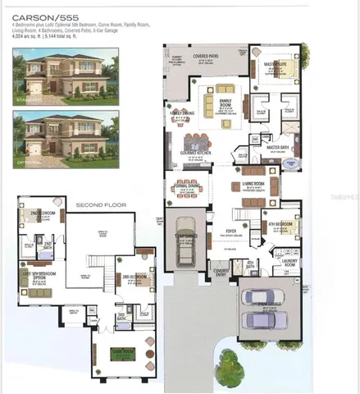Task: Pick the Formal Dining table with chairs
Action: click(x=186, y=188)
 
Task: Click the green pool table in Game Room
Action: click(x=128, y=355)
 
